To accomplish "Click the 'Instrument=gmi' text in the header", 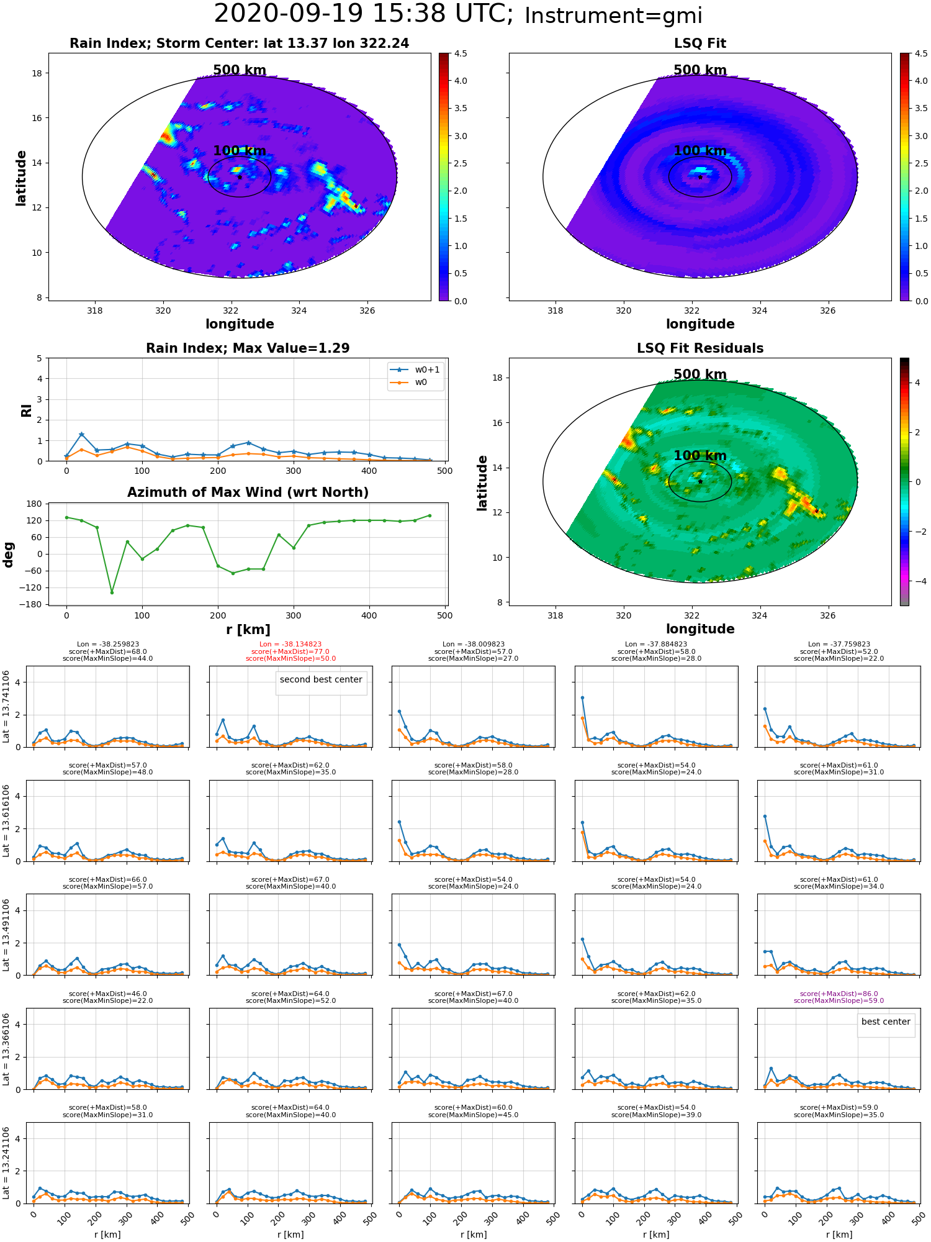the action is coord(613,16).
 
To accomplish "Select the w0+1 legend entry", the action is coord(415,369).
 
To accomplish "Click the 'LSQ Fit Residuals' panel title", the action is coord(700,348).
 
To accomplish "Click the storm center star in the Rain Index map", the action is coord(240,177).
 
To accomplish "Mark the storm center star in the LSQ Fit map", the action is coord(700,177).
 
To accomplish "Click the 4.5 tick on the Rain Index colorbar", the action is coord(461,53).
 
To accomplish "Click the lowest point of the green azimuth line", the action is coord(112,592).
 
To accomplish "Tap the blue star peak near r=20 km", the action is coord(81,434).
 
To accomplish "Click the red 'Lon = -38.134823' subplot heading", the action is coord(290,645).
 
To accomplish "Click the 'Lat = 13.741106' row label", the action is coord(6,707).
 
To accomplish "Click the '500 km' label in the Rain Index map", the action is coord(240,70).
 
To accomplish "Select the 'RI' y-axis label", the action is coord(26,410).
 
